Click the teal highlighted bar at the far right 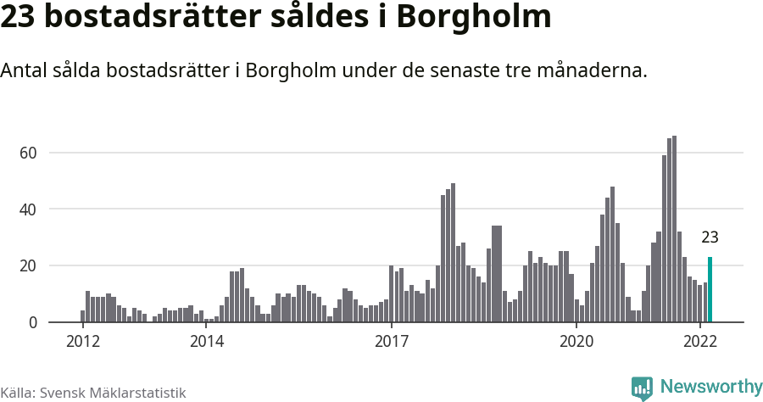click(x=710, y=289)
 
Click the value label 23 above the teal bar click(x=710, y=237)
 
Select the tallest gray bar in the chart click(x=674, y=229)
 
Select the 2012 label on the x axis click(x=82, y=342)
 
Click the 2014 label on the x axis click(x=206, y=342)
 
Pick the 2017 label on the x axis click(x=391, y=342)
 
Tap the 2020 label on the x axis click(x=576, y=342)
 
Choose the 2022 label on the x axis click(x=700, y=342)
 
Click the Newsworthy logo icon click(x=642, y=388)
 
